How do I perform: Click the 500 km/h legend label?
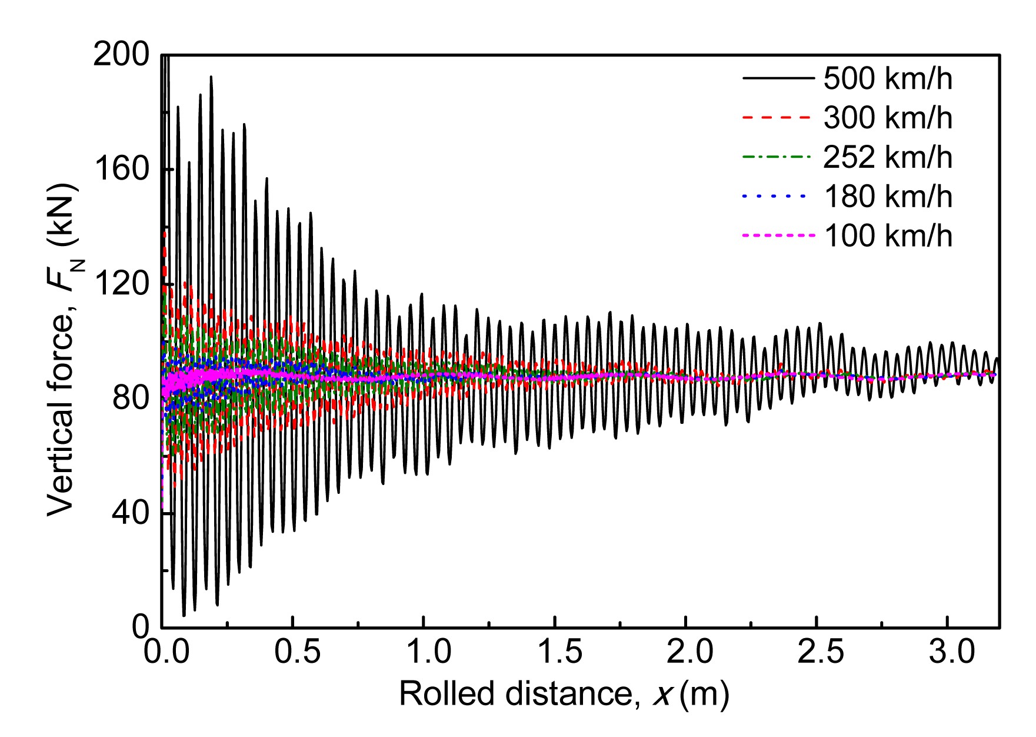click(887, 78)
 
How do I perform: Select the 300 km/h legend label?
click(887, 118)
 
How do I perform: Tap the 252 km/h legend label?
click(887, 157)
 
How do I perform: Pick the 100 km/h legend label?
click(887, 235)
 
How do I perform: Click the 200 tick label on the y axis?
click(122, 55)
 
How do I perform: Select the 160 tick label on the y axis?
click(122, 170)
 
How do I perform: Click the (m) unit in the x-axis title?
click(704, 695)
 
